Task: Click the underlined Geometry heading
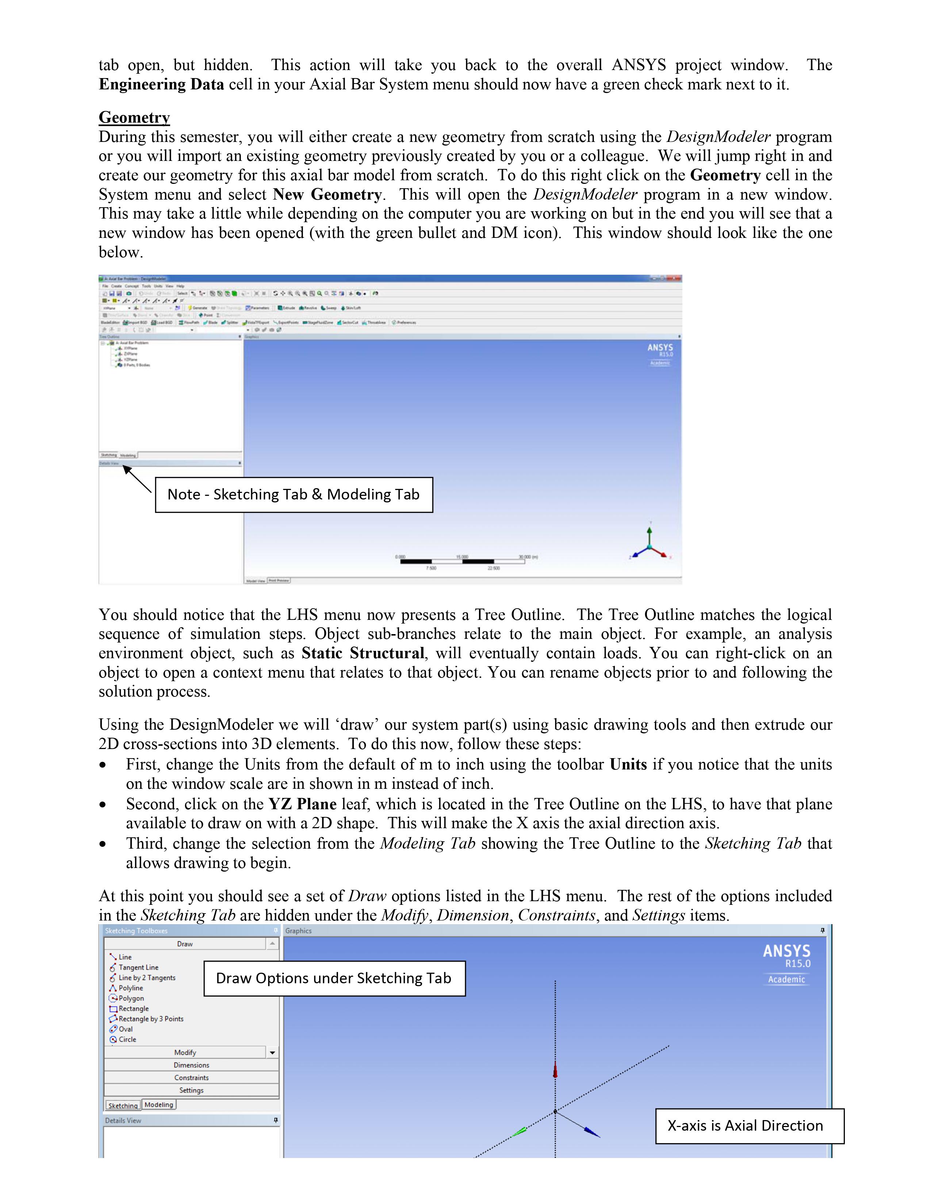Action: [x=134, y=117]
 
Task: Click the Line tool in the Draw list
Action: [x=124, y=957]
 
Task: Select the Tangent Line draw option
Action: [x=138, y=968]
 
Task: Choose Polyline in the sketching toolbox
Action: [x=130, y=988]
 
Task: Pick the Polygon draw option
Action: [x=131, y=998]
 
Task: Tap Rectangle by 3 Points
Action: [x=150, y=1019]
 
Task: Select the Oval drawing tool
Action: [x=125, y=1029]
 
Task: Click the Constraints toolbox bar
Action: [x=191, y=1078]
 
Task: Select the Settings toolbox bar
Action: [x=191, y=1091]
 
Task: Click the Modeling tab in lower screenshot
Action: [x=159, y=1104]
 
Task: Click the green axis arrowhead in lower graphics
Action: [x=519, y=1131]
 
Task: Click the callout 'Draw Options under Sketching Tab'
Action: [x=334, y=979]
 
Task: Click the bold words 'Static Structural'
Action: [x=363, y=653]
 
